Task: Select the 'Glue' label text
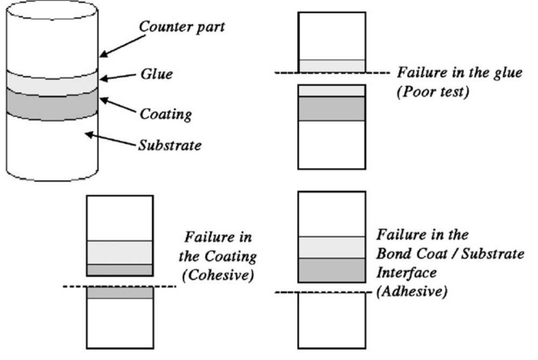pyautogui.click(x=155, y=74)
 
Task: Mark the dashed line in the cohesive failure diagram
pyautogui.click(x=120, y=286)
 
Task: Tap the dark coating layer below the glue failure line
pyautogui.click(x=331, y=108)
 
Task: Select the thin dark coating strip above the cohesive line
pyautogui.click(x=120, y=270)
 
